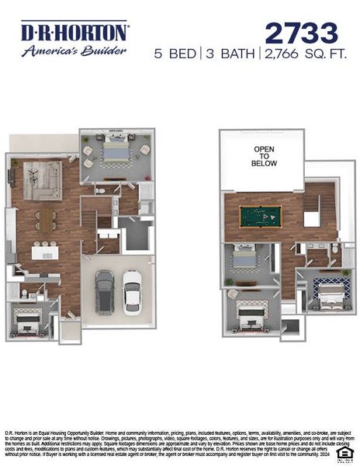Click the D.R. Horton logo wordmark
click(74, 32)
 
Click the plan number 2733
click(301, 33)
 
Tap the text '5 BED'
click(175, 54)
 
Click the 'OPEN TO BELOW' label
click(264, 156)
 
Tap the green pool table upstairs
click(261, 216)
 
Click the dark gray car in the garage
click(105, 290)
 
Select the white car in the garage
click(132, 290)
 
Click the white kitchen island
click(46, 252)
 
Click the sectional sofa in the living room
click(41, 180)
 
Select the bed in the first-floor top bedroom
click(116, 151)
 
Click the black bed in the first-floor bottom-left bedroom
click(28, 319)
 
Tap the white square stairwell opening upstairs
click(311, 219)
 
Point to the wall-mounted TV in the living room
click(11, 176)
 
